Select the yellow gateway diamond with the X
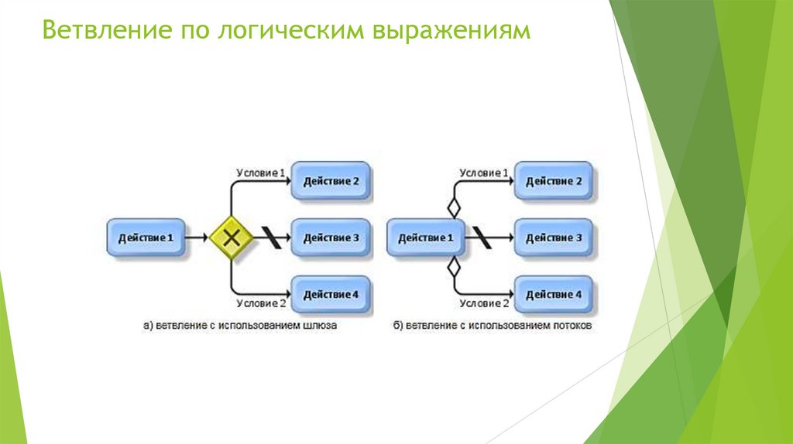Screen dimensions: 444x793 (231, 237)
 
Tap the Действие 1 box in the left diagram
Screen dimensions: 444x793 (146, 237)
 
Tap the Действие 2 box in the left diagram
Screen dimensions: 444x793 (331, 181)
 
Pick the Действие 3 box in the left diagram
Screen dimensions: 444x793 (331, 237)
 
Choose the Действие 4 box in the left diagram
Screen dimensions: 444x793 (331, 294)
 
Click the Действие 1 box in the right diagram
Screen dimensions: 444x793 (425, 237)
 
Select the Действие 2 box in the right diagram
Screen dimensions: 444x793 (553, 181)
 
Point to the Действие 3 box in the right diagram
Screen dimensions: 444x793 (553, 237)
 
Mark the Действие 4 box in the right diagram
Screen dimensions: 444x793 (553, 294)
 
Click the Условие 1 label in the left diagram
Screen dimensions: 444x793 (260, 172)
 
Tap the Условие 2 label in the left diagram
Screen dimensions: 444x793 (260, 303)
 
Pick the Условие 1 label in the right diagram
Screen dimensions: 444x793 (483, 172)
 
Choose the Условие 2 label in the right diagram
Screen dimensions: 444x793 (483, 303)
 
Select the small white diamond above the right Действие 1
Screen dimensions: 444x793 (454, 207)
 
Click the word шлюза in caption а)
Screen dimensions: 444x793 (321, 327)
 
